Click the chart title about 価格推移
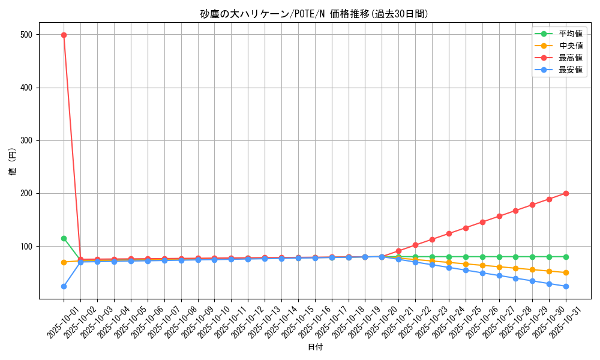click(x=314, y=14)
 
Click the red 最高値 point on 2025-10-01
click(x=64, y=35)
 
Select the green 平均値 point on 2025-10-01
click(x=64, y=238)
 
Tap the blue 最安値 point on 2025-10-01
click(x=64, y=286)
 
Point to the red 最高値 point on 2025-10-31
click(x=566, y=193)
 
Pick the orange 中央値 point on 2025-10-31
click(x=566, y=273)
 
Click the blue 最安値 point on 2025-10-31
click(x=566, y=286)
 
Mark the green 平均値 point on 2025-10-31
click(x=566, y=257)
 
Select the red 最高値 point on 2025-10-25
click(x=466, y=228)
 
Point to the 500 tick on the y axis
click(x=27, y=35)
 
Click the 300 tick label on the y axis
click(x=27, y=140)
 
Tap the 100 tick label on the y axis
click(x=27, y=247)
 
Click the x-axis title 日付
click(x=315, y=347)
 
